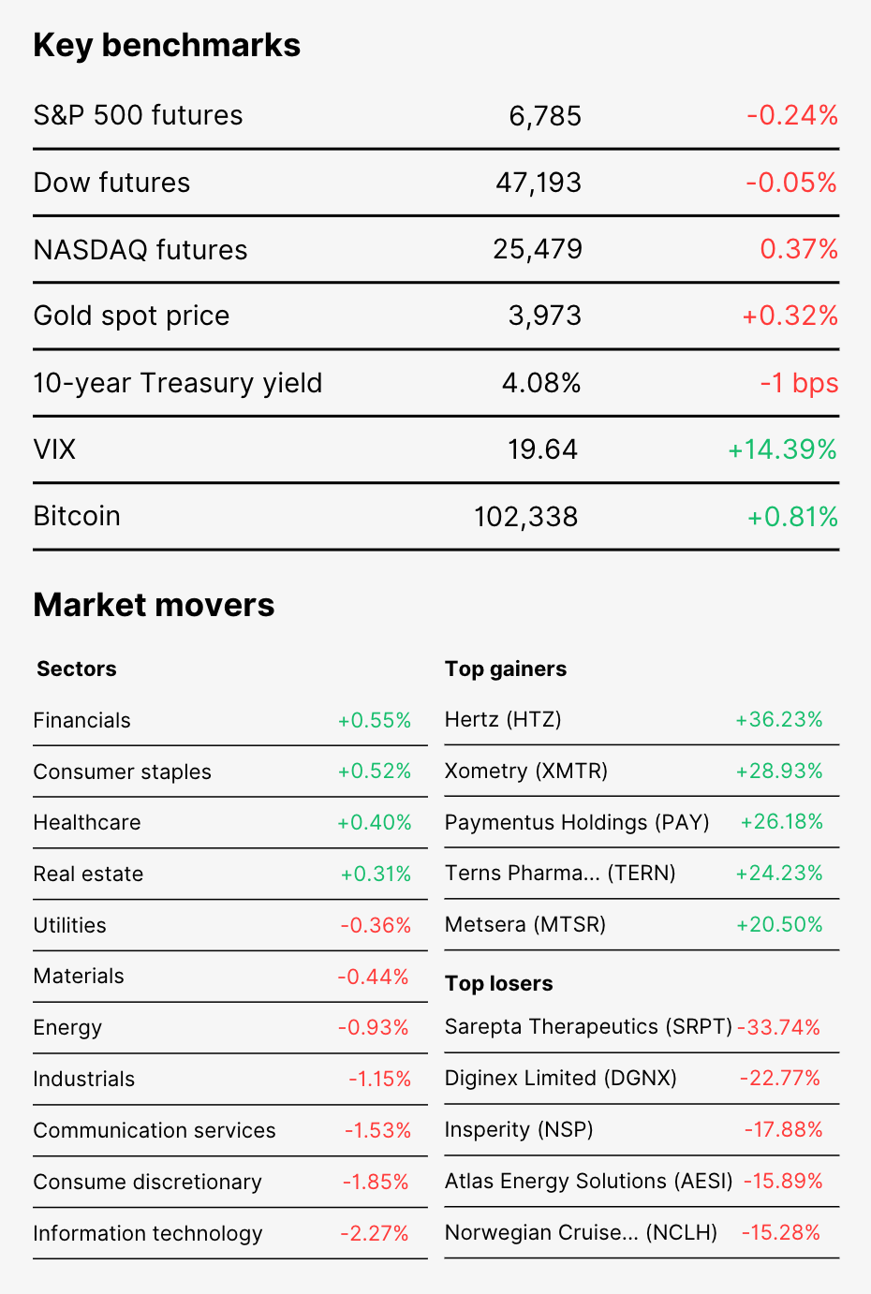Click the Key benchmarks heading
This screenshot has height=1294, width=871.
(167, 46)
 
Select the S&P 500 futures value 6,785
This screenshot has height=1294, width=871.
(544, 116)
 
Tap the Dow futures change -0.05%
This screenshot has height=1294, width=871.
(791, 183)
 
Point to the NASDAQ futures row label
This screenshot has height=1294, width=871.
(140, 250)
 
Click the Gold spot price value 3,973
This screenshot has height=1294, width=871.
(544, 316)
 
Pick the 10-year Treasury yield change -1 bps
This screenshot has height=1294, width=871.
(799, 383)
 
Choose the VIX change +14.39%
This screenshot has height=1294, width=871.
(782, 449)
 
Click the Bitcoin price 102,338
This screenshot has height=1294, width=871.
(525, 517)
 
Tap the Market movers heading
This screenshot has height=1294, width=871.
(154, 605)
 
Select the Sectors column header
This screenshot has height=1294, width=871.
(76, 669)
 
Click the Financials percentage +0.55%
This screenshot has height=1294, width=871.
(374, 720)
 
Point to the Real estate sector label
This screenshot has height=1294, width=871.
(88, 874)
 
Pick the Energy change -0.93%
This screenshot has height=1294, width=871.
(374, 1028)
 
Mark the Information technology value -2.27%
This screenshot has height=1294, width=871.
(374, 1233)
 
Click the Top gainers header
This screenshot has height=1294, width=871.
(506, 669)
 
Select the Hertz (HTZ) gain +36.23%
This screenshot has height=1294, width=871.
(778, 719)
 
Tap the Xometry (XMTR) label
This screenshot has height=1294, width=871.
(526, 772)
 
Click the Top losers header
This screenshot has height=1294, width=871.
(499, 983)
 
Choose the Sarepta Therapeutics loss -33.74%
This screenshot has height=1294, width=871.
(778, 1027)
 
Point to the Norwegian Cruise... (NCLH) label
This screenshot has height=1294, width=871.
(581, 1233)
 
